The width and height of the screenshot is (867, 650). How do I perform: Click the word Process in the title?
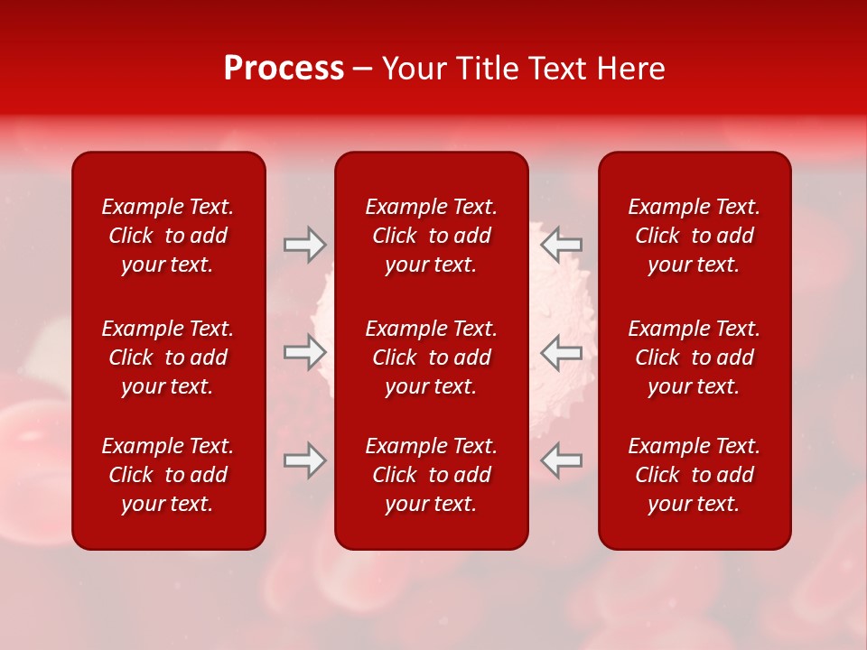coord(284,69)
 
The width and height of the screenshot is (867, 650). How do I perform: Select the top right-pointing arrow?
coord(304,245)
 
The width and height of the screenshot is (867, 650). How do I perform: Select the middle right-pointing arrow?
coord(304,352)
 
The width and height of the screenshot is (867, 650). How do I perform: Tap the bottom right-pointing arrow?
coord(304,460)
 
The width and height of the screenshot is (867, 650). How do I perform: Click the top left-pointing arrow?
coord(561,245)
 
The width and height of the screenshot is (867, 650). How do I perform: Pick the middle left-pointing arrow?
coord(561,352)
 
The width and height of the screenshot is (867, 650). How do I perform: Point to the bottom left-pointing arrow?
coord(561,460)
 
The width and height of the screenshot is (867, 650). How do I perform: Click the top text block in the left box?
coord(168,236)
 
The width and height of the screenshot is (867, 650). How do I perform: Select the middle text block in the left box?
coord(168,357)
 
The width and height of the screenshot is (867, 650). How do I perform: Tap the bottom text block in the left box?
coord(168,475)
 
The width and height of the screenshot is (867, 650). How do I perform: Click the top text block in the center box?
coord(431,236)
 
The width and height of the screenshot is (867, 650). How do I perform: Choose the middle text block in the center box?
coord(431,357)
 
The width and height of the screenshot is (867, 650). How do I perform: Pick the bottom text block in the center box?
coord(431,475)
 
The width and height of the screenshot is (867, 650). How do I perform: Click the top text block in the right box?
coord(694,236)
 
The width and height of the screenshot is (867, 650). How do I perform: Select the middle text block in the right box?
coord(694,357)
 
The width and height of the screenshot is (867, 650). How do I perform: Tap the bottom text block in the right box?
coord(694,475)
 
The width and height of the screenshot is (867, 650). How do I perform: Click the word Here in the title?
coord(632,69)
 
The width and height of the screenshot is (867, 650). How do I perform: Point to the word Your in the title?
coord(412,69)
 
